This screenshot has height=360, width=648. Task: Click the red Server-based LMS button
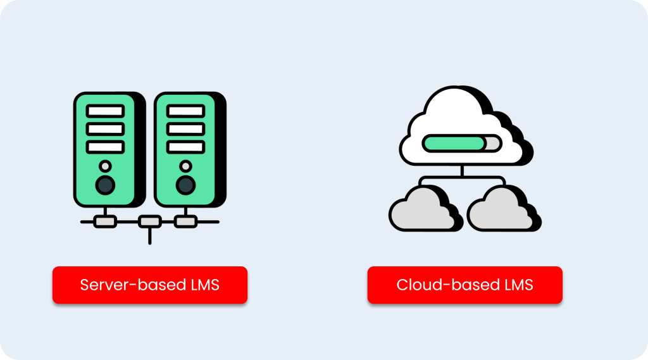(x=149, y=285)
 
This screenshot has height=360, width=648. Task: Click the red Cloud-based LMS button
(x=464, y=285)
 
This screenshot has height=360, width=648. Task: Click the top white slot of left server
(x=105, y=111)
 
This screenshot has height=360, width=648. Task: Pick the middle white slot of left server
(x=105, y=129)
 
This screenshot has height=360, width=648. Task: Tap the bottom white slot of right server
(x=185, y=147)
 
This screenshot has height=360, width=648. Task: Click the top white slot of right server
(x=185, y=111)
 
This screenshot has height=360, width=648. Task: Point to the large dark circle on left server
(x=105, y=185)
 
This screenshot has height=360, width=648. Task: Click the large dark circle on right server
(x=185, y=185)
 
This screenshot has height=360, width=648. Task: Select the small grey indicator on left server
(x=105, y=166)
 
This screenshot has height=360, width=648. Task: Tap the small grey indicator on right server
(x=185, y=166)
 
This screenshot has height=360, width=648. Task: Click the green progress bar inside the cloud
(x=452, y=143)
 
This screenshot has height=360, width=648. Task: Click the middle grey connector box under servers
(x=149, y=222)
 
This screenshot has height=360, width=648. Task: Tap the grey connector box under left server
(x=105, y=222)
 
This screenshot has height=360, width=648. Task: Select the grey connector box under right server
(x=185, y=222)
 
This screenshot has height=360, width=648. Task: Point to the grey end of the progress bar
(x=492, y=143)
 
